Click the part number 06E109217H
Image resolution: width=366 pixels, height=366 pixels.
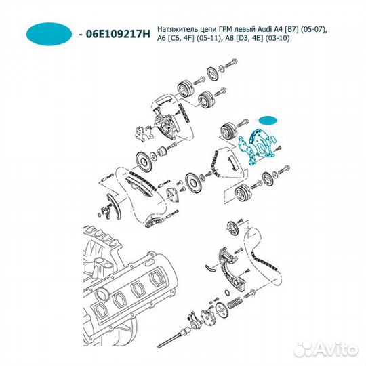click(119, 34)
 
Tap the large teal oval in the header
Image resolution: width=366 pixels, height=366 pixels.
click(49, 34)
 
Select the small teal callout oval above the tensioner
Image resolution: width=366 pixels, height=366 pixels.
click(268, 121)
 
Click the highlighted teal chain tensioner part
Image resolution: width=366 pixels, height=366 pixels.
click(258, 147)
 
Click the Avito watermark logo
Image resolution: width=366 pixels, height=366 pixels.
click(327, 350)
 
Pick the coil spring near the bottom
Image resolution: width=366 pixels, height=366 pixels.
click(235, 303)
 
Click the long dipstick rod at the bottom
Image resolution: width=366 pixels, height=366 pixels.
click(174, 338)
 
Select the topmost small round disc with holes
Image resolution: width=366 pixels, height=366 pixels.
click(212, 75)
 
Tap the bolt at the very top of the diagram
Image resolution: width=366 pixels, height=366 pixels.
click(231, 63)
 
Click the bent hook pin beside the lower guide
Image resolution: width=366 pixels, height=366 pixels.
click(211, 268)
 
